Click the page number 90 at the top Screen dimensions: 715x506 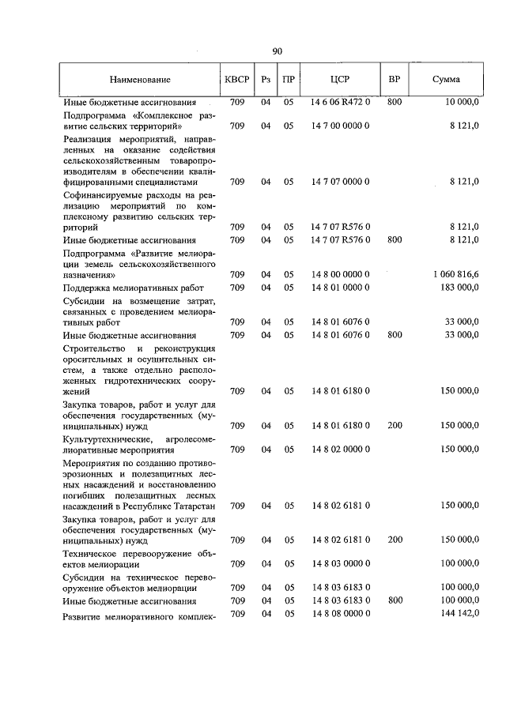click(278, 51)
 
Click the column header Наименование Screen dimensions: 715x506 click(140, 80)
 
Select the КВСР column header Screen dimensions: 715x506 click(237, 80)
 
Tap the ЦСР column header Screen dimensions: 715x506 click(342, 80)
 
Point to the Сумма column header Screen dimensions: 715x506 click(447, 80)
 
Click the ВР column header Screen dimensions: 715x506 click(395, 80)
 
